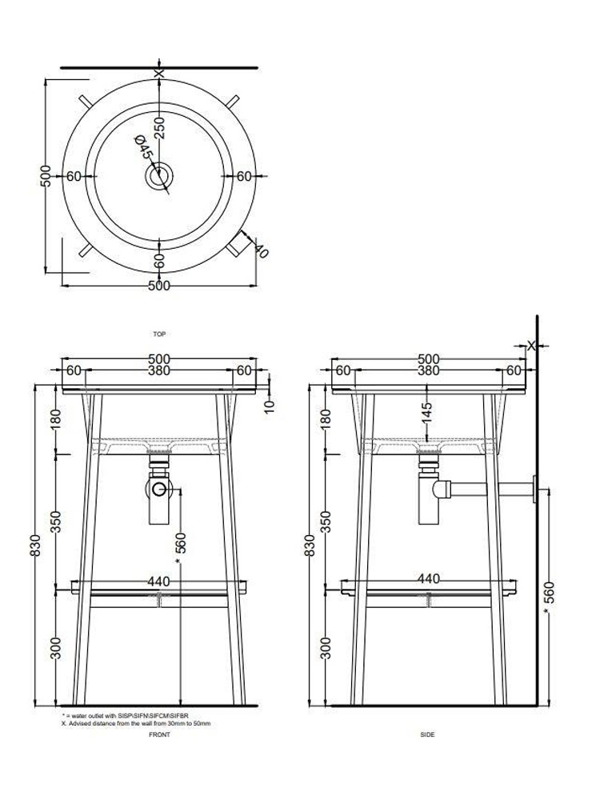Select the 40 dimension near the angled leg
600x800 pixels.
click(260, 249)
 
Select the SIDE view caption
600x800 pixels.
click(427, 735)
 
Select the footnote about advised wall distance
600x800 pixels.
click(136, 723)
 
